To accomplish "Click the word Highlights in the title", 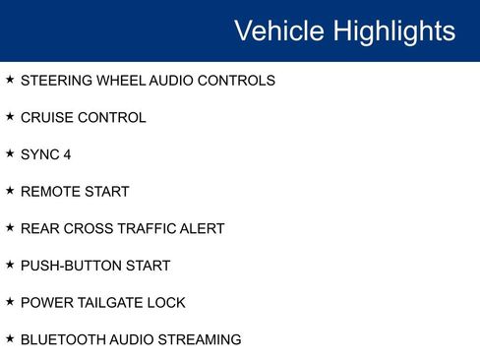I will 394,30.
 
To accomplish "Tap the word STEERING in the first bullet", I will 55,81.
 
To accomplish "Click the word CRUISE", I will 44,118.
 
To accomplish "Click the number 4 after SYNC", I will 67,154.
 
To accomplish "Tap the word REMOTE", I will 47,192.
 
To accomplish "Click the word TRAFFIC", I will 149,229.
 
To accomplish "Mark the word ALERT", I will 204,229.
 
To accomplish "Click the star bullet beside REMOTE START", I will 10,190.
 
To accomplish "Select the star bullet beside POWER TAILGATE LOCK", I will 10,301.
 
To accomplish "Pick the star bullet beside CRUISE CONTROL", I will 10,116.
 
